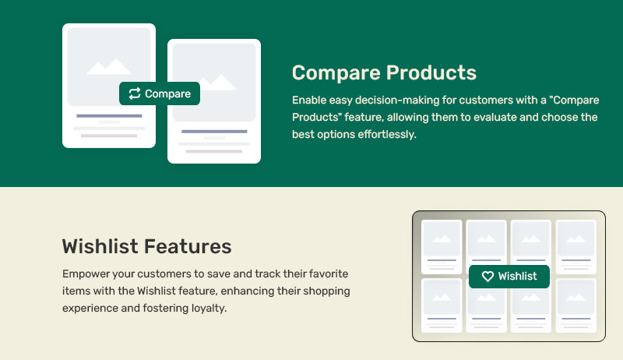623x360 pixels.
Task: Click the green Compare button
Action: pyautogui.click(x=160, y=94)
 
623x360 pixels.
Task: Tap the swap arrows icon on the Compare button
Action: pyautogui.click(x=135, y=94)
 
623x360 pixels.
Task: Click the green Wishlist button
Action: pyautogui.click(x=509, y=276)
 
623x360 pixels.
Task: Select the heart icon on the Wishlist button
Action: pyautogui.click(x=487, y=276)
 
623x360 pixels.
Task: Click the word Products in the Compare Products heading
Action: pyautogui.click(x=431, y=72)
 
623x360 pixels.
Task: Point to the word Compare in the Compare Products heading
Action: pyautogui.click(x=336, y=73)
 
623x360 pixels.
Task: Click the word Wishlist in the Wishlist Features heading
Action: pyautogui.click(x=100, y=246)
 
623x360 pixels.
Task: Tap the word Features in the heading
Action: pyautogui.click(x=188, y=246)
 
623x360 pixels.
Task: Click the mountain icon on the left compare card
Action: pyautogui.click(x=109, y=67)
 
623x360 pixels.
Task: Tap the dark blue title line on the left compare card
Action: pyautogui.click(x=109, y=116)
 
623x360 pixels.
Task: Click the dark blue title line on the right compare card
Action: pyautogui.click(x=214, y=132)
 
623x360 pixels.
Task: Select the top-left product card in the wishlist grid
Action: pyautogui.click(x=442, y=247)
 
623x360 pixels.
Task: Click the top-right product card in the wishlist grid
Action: pyautogui.click(x=576, y=247)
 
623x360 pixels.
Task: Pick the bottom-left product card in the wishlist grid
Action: pyautogui.click(x=442, y=305)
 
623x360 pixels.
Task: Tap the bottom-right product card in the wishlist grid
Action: pyautogui.click(x=576, y=305)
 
